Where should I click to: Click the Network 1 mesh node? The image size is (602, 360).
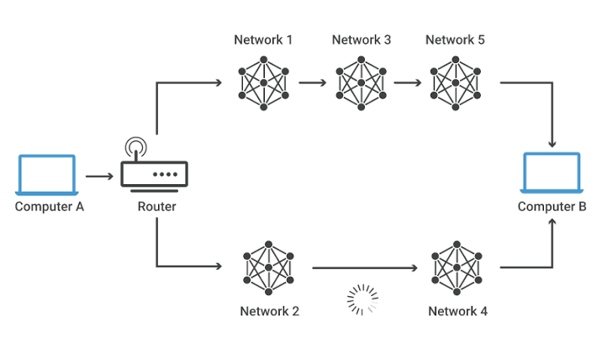264,82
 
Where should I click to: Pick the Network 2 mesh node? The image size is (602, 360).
269,268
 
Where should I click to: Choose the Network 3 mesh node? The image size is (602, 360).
362,82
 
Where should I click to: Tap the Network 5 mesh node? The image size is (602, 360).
455,82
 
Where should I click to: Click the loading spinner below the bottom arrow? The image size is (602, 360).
363,299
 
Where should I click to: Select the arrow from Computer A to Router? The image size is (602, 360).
99,177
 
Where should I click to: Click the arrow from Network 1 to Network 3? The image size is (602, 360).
312,83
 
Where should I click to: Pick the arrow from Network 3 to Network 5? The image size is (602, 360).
407,83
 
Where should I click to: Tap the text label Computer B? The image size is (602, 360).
552,207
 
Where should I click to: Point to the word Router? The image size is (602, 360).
156,207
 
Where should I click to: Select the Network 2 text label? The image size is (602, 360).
269,311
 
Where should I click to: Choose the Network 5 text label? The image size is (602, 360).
455,40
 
